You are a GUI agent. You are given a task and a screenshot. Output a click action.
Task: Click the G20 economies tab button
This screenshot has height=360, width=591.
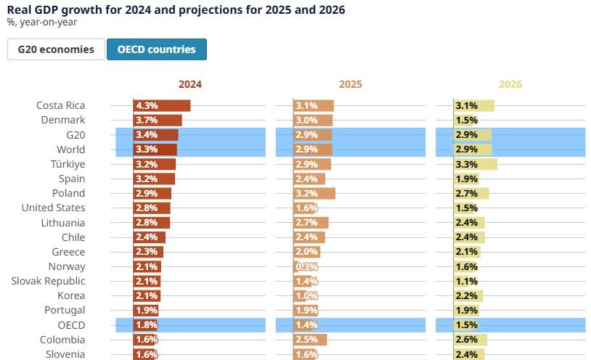click(56, 49)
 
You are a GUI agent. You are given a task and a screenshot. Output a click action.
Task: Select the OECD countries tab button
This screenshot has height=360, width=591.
click(156, 49)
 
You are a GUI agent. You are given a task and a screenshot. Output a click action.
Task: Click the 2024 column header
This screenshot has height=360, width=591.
click(189, 84)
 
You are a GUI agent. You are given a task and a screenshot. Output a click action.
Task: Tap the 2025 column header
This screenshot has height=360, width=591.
click(350, 84)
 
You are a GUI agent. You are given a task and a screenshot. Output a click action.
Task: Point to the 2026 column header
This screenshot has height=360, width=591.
click(510, 84)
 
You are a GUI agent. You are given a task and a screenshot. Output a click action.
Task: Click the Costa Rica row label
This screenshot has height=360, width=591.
click(61, 105)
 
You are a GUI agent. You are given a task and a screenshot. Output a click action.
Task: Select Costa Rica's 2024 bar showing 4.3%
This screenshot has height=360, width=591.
click(162, 105)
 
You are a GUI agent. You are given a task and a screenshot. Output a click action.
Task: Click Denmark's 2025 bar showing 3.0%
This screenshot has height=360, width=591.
click(313, 120)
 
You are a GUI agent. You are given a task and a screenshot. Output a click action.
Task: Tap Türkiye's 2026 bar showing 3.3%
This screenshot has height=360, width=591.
click(475, 164)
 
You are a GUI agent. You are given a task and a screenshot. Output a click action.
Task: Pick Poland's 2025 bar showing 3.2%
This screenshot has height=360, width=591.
click(314, 193)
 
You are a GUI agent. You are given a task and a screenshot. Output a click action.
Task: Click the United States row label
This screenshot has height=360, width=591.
click(53, 208)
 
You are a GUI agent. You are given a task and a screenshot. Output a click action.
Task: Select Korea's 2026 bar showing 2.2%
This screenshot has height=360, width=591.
click(468, 295)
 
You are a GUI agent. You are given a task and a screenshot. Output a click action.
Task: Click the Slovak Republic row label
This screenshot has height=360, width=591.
click(48, 281)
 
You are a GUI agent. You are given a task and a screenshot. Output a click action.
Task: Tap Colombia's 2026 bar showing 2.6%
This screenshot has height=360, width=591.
click(470, 340)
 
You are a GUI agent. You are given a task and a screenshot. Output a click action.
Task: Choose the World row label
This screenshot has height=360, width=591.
click(70, 150)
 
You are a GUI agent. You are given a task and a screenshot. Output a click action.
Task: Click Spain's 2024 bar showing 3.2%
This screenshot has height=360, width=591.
click(154, 179)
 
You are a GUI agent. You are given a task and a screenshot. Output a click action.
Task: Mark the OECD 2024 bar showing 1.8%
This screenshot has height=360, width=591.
click(145, 325)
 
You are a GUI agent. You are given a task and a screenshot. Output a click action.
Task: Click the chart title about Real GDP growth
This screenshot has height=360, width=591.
click(176, 9)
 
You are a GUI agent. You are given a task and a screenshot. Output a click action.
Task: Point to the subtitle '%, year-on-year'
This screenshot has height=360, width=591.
click(42, 22)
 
